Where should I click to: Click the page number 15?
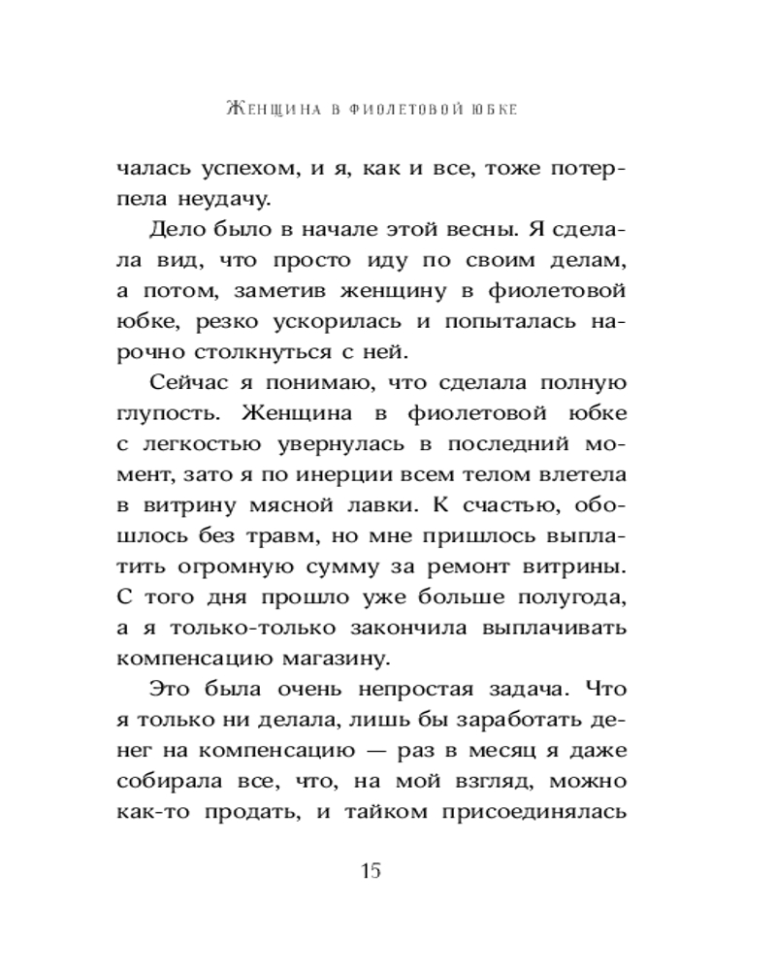coord(371,869)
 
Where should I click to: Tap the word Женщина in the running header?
coord(266,107)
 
